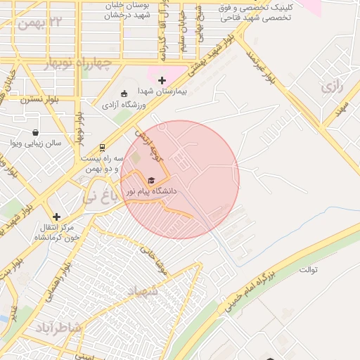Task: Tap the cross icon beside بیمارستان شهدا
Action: pyautogui.click(x=162, y=81)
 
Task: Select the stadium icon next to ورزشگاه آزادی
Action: pyautogui.click(x=124, y=94)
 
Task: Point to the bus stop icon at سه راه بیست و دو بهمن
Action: pyautogui.click(x=103, y=148)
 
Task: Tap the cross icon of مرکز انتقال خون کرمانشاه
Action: pyautogui.click(x=57, y=217)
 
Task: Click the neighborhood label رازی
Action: pyautogui.click(x=330, y=87)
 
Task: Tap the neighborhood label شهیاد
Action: pyautogui.click(x=143, y=290)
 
